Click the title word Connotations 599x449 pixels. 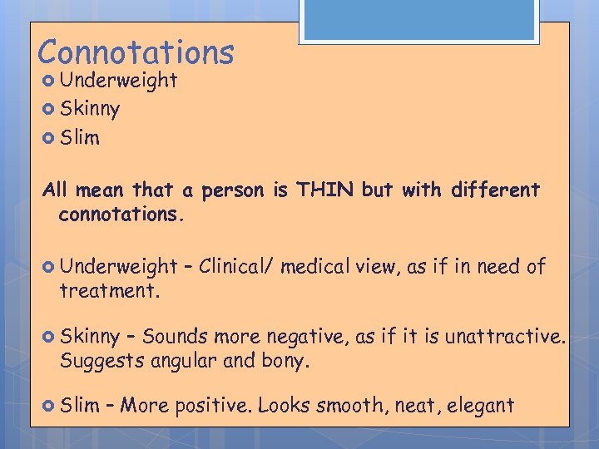coord(136,52)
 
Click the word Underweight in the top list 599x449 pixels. coord(118,81)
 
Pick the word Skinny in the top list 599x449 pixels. coord(90,109)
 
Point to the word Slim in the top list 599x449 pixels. coord(80,138)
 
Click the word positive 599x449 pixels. coord(211,407)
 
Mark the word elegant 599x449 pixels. coord(480,407)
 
